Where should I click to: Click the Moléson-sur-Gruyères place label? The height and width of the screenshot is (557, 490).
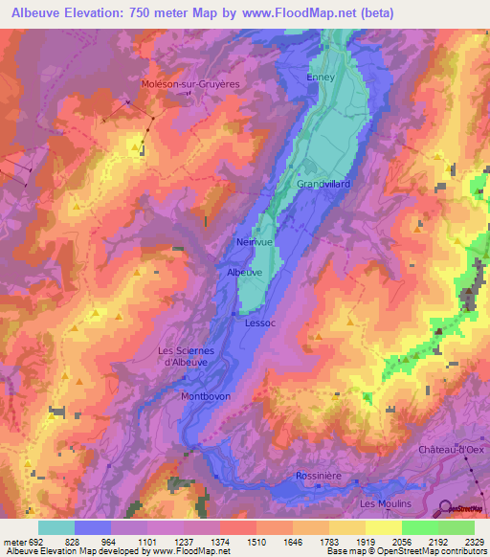[189, 83]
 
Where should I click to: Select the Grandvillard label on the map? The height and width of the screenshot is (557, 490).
[324, 183]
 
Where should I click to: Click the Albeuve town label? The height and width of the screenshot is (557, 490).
[244, 273]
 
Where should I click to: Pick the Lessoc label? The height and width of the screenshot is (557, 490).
[260, 323]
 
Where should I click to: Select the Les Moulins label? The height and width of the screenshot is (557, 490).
[385, 503]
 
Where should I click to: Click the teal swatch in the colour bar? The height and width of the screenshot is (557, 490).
[56, 526]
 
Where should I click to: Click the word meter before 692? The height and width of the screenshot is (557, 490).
[16, 540]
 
